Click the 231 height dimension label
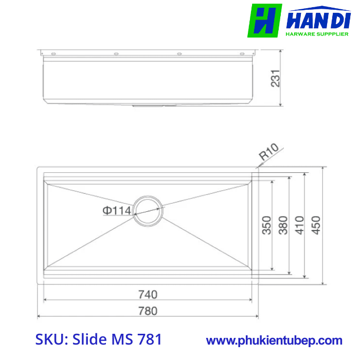click(x=276, y=78)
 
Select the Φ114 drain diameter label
click(x=117, y=210)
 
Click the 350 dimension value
click(x=266, y=225)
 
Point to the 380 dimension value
click(x=283, y=225)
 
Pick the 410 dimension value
click(x=299, y=225)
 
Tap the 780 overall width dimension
click(x=148, y=310)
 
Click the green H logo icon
click(x=264, y=21)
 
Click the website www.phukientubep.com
click(x=274, y=340)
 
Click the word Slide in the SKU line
click(x=89, y=339)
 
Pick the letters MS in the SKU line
click(x=121, y=339)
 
